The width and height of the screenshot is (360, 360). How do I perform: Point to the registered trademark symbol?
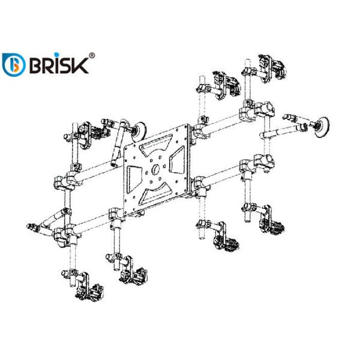[x=92, y=55]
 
